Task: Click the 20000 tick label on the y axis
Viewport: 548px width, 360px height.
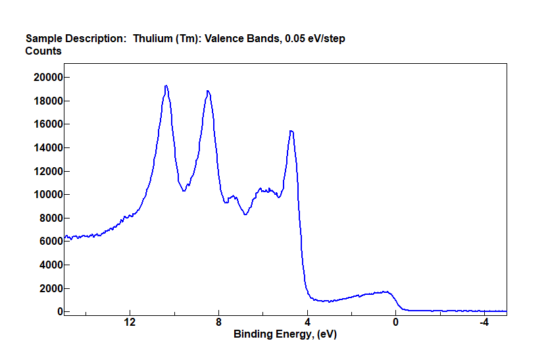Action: [x=48, y=78]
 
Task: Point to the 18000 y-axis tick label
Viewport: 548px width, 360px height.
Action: [x=48, y=101]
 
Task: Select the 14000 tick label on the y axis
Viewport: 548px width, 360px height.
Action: [x=48, y=148]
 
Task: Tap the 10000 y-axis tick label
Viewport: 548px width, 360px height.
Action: [x=48, y=195]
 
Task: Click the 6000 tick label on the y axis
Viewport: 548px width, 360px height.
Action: [x=51, y=242]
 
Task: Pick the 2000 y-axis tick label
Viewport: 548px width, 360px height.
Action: [x=51, y=288]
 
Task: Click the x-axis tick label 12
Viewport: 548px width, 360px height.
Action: [x=130, y=322]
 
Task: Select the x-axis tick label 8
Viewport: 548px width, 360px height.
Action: [x=219, y=322]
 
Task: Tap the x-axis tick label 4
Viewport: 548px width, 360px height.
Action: [x=307, y=322]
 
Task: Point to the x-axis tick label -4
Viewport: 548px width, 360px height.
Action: [x=484, y=322]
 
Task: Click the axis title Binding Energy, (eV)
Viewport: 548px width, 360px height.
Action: [x=285, y=334]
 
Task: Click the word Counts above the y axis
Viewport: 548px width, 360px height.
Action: [x=43, y=51]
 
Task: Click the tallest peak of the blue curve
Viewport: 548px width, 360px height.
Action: [x=166, y=86]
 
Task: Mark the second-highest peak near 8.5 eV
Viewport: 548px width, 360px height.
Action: [x=208, y=91]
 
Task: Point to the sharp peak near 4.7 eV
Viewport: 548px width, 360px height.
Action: [x=291, y=131]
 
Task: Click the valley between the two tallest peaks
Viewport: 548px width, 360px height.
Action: [x=184, y=191]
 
